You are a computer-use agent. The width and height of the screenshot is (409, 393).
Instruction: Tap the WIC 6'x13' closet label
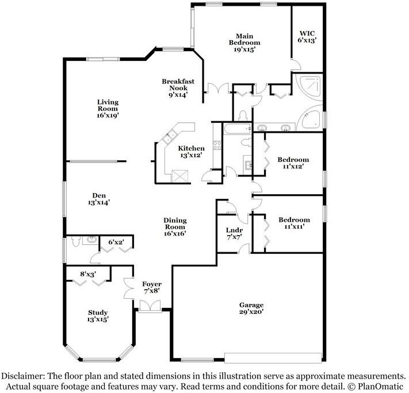307,36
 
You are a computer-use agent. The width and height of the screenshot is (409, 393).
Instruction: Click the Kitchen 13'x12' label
191,152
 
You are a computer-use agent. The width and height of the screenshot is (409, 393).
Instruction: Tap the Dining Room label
175,227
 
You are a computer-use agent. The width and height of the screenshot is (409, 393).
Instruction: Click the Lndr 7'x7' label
234,233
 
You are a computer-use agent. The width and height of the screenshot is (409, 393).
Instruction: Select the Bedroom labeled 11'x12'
293,163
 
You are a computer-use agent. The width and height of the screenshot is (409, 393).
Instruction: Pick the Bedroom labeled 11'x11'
294,223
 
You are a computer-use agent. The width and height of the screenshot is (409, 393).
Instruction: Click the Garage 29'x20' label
251,309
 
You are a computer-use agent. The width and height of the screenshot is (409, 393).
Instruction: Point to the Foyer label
152,287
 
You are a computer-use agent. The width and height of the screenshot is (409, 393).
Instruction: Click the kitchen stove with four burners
218,145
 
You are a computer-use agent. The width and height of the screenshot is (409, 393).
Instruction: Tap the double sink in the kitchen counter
171,138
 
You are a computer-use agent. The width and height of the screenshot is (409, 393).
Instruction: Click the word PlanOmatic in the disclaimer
380,384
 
